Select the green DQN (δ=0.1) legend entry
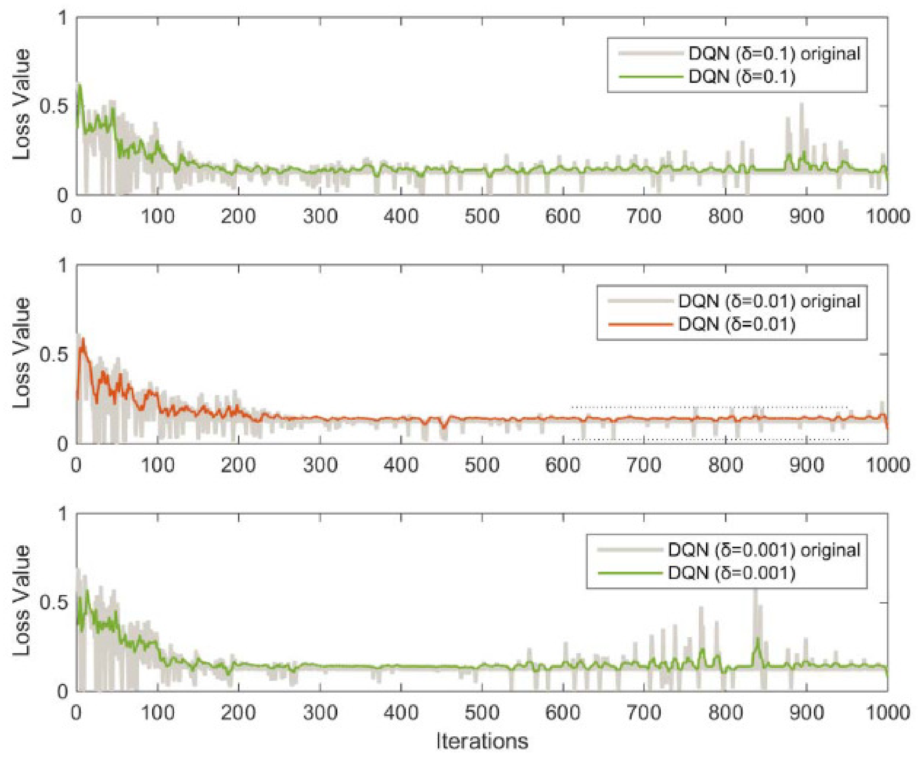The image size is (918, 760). pos(742,77)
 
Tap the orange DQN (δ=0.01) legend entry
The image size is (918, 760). pos(736,325)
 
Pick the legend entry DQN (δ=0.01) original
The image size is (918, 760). pos(769,301)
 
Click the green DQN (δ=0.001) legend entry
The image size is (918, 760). pos(731,573)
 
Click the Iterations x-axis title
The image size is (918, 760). pos(482,741)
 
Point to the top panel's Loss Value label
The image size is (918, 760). pos(21,105)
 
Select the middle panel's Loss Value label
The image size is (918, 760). pos(21,353)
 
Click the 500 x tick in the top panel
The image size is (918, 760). pos(482,217)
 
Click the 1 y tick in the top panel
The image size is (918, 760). pos(63,18)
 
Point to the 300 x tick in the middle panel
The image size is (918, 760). pos(320,465)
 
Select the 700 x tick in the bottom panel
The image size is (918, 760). pos(644,713)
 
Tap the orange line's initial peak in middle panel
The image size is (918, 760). pos(83,339)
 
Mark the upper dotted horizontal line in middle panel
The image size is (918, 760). pos(708,407)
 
